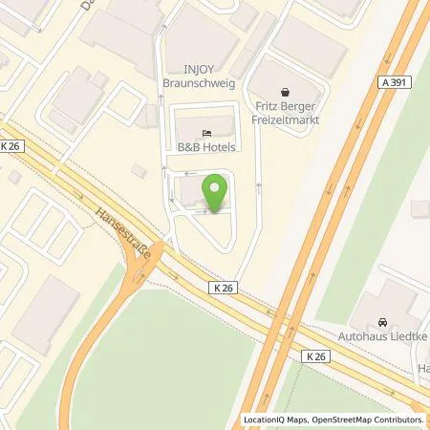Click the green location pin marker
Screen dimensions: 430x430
pos(215,189)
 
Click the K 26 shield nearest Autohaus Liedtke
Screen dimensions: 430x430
pos(317,355)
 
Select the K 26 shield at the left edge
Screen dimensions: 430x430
pos(11,145)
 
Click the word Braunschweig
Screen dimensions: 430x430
pos(201,82)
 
